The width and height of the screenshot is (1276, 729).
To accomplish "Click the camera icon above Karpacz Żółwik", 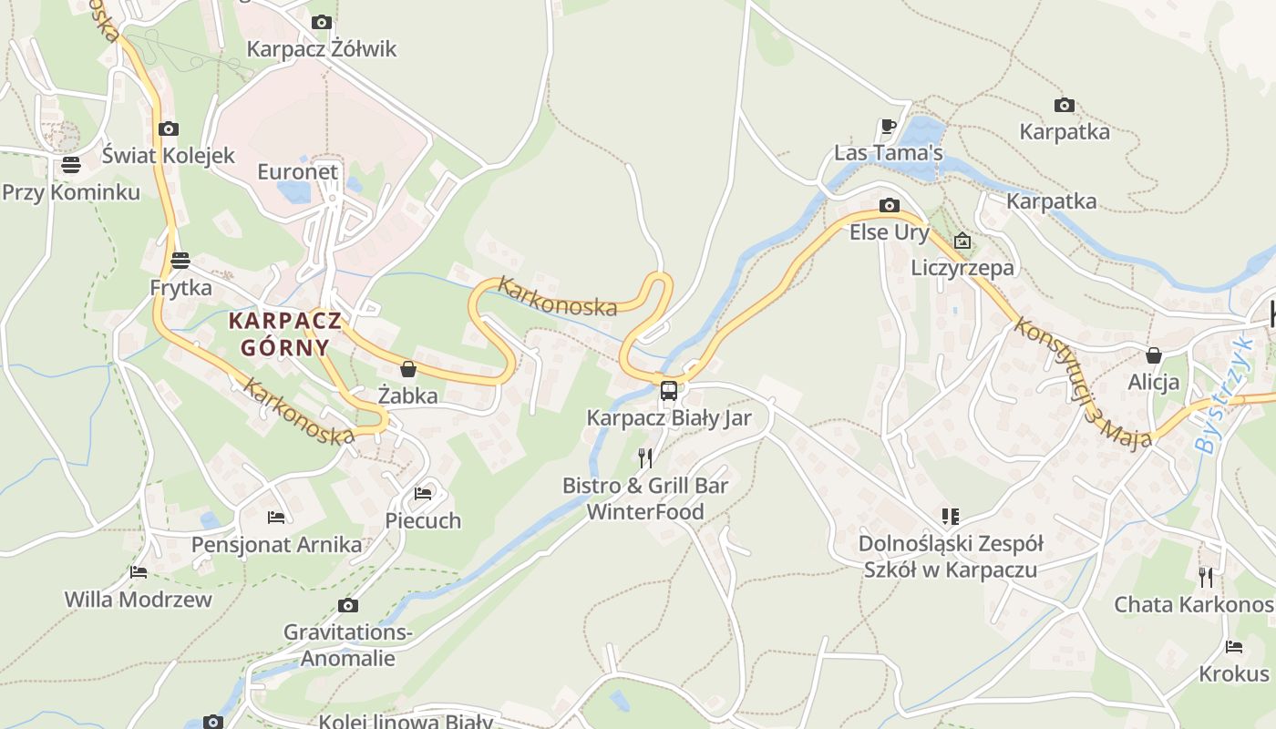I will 321,22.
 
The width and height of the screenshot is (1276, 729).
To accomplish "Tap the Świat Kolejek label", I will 168,156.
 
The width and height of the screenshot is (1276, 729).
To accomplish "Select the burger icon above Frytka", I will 180,261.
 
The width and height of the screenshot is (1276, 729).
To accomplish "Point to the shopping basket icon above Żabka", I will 408,369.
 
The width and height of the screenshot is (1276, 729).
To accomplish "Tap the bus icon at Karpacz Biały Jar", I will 669,391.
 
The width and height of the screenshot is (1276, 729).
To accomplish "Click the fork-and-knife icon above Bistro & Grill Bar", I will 645,457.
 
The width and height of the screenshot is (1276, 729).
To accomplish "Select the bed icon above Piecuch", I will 423,494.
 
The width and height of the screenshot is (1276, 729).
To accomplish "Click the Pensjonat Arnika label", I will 276,545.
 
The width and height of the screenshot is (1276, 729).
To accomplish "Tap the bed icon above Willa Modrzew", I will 139,572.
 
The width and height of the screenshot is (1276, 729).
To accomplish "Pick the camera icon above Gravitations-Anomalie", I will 347,605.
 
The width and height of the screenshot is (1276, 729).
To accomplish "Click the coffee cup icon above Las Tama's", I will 889,126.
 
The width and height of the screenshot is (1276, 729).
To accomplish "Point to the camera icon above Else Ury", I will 890,206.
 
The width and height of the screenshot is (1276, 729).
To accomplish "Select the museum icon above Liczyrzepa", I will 962,241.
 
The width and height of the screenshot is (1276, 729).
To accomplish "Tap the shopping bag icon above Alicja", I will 1154,355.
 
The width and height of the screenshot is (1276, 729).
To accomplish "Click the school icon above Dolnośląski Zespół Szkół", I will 951,517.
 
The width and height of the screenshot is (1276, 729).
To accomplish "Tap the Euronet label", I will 297,172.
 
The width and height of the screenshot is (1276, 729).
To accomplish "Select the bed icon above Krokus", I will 1234,647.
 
